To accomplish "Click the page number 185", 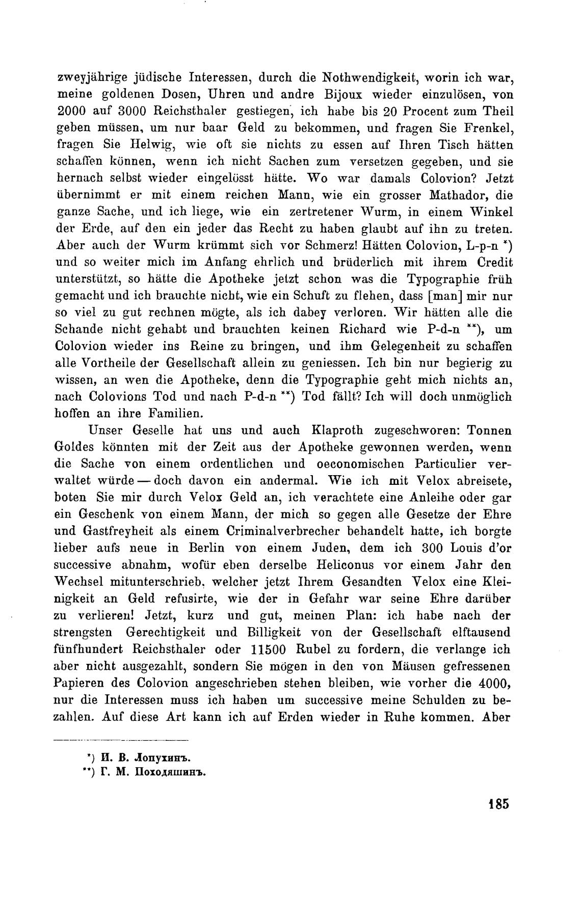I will pos(498,804).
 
